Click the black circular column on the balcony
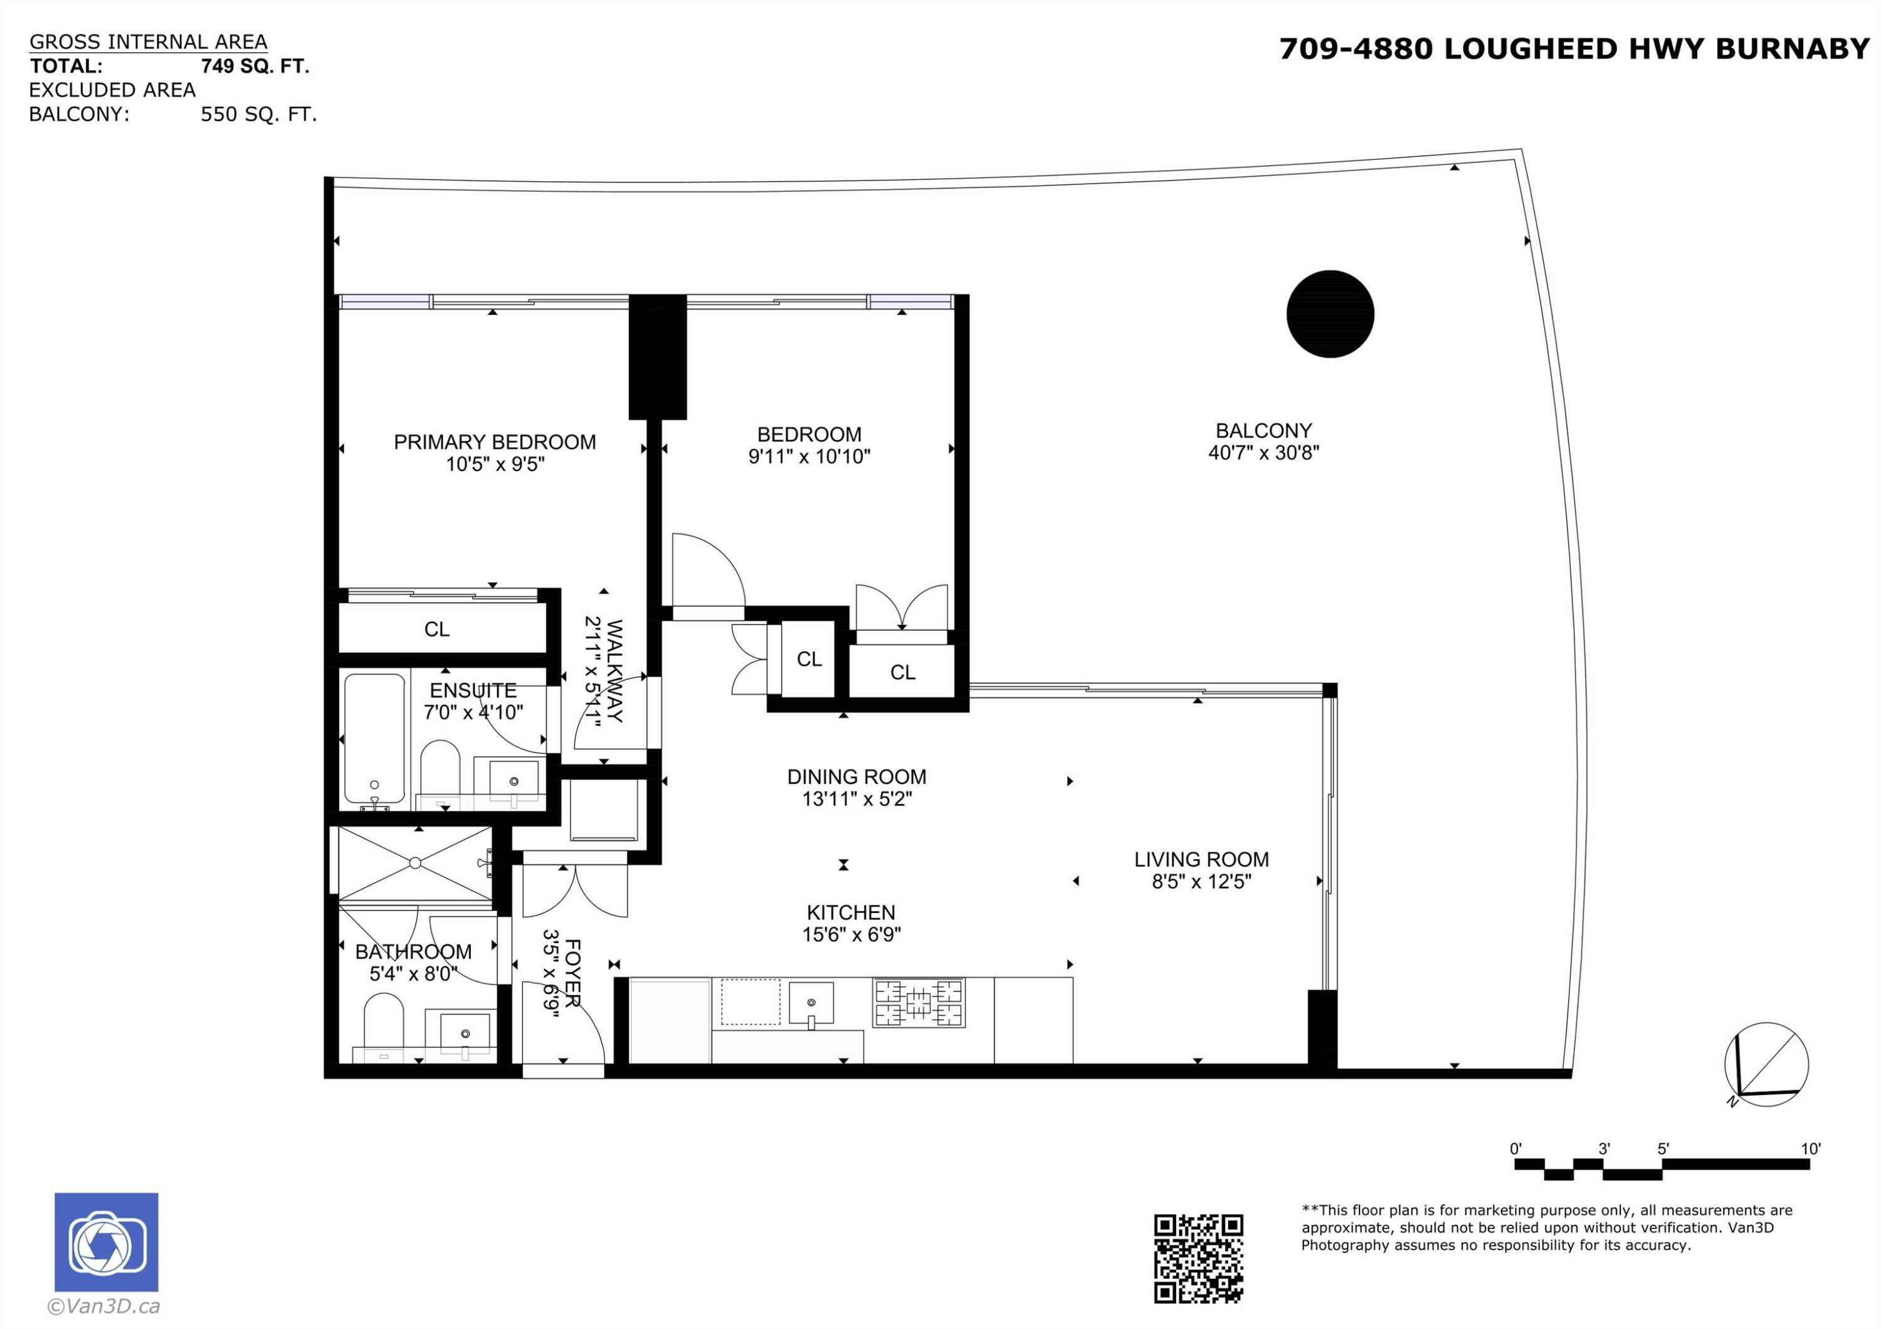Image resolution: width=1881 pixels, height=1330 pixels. tap(1330, 314)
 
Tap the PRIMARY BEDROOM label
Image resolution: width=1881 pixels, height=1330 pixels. tap(494, 443)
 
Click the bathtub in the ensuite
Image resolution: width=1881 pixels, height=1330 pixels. tap(374, 738)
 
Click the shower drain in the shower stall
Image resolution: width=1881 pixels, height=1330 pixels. tap(414, 863)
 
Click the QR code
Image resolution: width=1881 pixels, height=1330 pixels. tap(1198, 1259)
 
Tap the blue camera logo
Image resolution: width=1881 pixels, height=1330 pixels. tap(107, 1242)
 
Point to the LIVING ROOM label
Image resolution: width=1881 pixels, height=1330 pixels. tap(1201, 860)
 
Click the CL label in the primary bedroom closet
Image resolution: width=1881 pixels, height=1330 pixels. tap(436, 630)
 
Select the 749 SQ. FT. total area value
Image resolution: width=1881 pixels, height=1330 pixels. tap(255, 66)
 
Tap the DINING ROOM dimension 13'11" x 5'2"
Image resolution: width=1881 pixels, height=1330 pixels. tap(856, 799)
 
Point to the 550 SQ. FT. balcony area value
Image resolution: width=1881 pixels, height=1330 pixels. tap(258, 115)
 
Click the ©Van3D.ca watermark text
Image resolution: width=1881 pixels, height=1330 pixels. tap(104, 1306)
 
